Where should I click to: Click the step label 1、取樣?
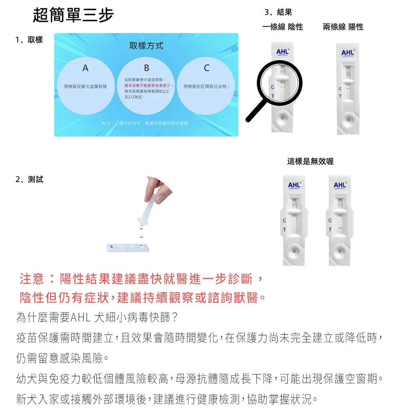tap(29, 40)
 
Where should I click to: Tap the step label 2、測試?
tap(29, 179)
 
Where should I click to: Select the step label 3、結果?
tap(278, 13)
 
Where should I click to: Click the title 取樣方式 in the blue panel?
tap(146, 46)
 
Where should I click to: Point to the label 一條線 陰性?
tap(282, 27)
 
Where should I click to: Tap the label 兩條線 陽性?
tap(343, 27)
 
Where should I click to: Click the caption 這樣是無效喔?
tap(310, 162)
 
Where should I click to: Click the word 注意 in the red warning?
tap(32, 280)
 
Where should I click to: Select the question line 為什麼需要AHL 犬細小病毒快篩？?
tap(96, 318)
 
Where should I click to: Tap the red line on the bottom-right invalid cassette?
tap(339, 227)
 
